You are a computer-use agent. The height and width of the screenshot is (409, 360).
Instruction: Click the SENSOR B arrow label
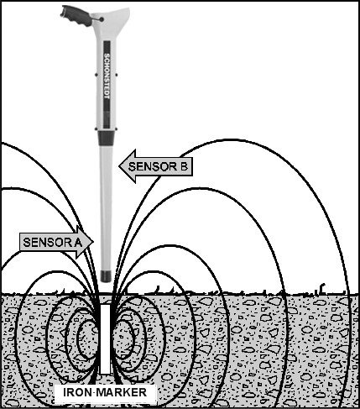pos(156,166)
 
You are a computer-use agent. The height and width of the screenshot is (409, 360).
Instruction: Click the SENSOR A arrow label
pos(56,242)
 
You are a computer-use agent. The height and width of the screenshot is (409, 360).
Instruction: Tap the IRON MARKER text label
pos(105,392)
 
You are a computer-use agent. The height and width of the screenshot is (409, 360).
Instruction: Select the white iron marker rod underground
pos(106,339)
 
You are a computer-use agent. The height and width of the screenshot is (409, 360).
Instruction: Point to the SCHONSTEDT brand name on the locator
pos(107,76)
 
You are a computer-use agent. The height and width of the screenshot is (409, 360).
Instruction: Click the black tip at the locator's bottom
pos(105,275)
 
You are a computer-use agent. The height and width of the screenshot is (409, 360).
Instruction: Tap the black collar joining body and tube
pos(106,139)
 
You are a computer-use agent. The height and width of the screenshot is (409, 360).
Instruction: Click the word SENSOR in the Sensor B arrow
pos(149,166)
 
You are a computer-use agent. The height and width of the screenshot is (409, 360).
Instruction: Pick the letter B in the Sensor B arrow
pos(183,166)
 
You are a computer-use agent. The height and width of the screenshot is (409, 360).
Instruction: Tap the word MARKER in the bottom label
pos(122,392)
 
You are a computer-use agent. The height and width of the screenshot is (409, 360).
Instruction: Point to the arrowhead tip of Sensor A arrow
pos(93,242)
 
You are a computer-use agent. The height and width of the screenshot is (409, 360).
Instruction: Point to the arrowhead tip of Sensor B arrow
pos(119,166)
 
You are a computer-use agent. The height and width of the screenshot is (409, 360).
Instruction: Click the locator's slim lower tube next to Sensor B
pos(106,207)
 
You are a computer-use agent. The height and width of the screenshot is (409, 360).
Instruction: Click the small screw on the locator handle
pos(102,19)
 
